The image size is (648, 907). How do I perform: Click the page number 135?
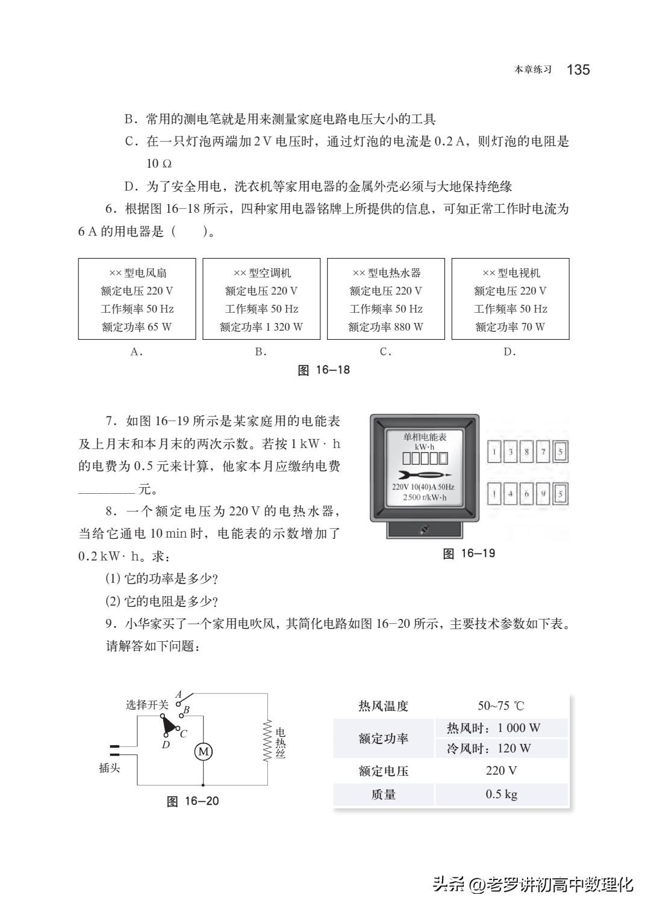click(x=578, y=70)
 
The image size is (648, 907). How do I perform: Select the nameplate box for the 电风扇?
click(x=137, y=299)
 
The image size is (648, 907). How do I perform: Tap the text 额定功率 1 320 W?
click(x=261, y=327)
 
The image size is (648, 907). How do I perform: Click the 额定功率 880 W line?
click(x=386, y=327)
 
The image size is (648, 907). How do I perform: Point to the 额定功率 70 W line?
click(x=510, y=327)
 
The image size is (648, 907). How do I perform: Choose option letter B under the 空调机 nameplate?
click(x=261, y=352)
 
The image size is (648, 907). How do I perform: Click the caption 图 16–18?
click(x=324, y=370)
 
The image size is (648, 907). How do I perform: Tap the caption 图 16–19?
click(x=469, y=553)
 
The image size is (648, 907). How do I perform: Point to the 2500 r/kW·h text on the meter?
click(x=425, y=498)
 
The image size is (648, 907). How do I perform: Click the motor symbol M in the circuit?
click(x=203, y=751)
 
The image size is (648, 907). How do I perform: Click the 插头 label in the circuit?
click(x=110, y=768)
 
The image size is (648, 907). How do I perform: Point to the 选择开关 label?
click(x=146, y=704)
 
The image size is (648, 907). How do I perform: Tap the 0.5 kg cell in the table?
click(x=501, y=794)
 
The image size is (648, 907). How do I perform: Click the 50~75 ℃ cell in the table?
click(x=500, y=706)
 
